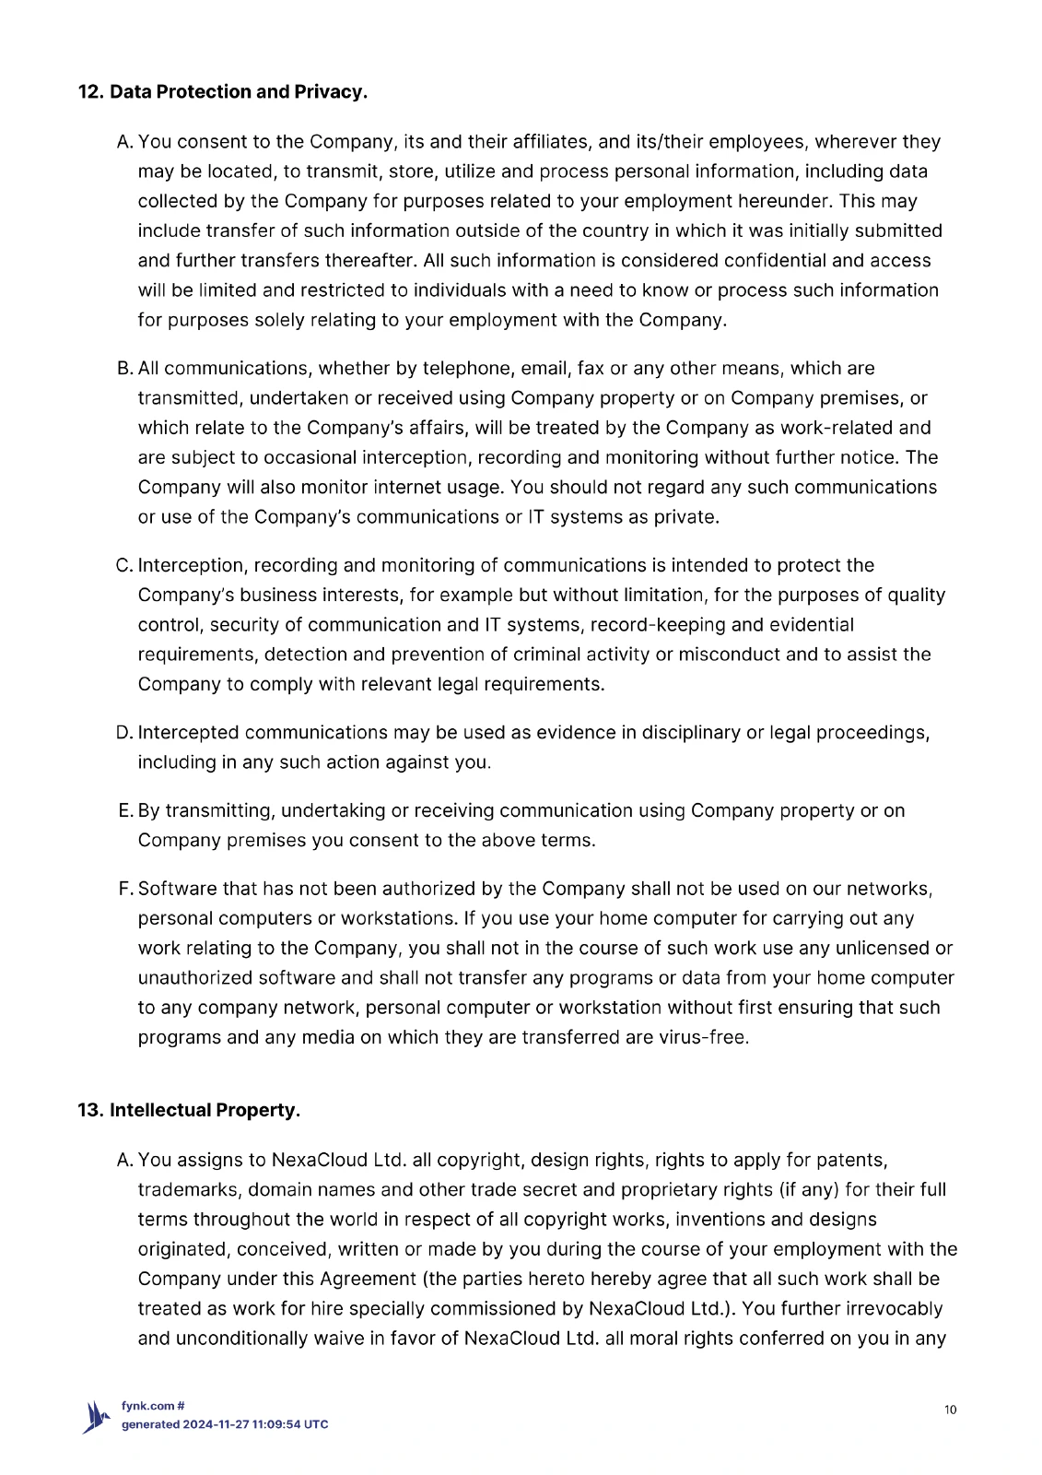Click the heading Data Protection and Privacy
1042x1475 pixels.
pyautogui.click(x=222, y=92)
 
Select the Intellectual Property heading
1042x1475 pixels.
pyautogui.click(x=189, y=1110)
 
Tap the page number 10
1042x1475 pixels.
pyautogui.click(x=951, y=1410)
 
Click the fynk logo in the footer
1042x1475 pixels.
pyautogui.click(x=96, y=1417)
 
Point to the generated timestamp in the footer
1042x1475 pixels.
pyautogui.click(x=225, y=1424)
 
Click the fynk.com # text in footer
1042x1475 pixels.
pyautogui.click(x=153, y=1406)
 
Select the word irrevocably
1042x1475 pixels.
pyautogui.click(x=892, y=1309)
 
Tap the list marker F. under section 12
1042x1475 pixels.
pyautogui.click(x=126, y=889)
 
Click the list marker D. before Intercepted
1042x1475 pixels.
pyautogui.click(x=125, y=733)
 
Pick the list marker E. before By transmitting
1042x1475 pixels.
pyautogui.click(x=126, y=811)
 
